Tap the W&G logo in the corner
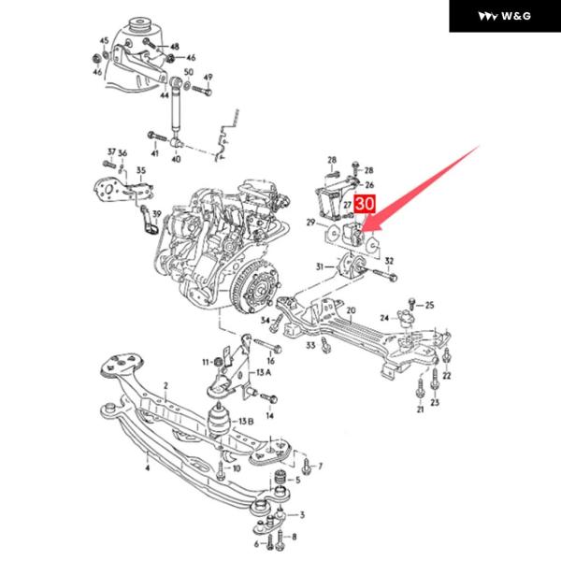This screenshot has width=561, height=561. click(503, 16)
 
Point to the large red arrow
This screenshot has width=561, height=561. click(425, 182)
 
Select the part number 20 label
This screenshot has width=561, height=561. click(352, 311)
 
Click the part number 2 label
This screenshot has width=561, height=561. click(165, 384)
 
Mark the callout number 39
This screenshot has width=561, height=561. click(157, 214)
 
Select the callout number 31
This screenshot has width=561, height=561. click(320, 266)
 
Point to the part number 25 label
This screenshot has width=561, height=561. click(429, 305)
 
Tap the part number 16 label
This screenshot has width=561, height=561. click(270, 360)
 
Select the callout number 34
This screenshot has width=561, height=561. click(265, 321)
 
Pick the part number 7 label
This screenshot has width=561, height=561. click(320, 466)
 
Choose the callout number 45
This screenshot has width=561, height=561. click(104, 40)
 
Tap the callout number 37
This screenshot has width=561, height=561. click(110, 151)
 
